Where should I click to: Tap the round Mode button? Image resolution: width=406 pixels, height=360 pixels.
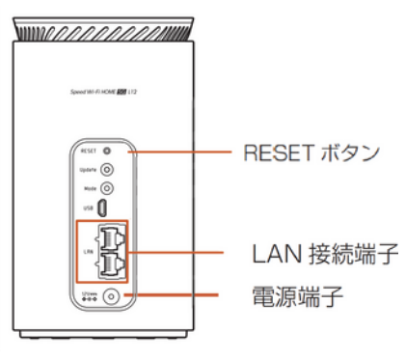tap(106, 188)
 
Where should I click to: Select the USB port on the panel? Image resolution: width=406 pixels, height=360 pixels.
tap(106, 208)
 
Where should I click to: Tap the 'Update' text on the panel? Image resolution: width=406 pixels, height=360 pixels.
tap(85, 169)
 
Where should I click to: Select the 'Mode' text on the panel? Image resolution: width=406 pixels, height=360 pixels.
tap(86, 188)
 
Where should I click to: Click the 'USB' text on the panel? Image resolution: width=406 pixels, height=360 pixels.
tap(86, 208)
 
